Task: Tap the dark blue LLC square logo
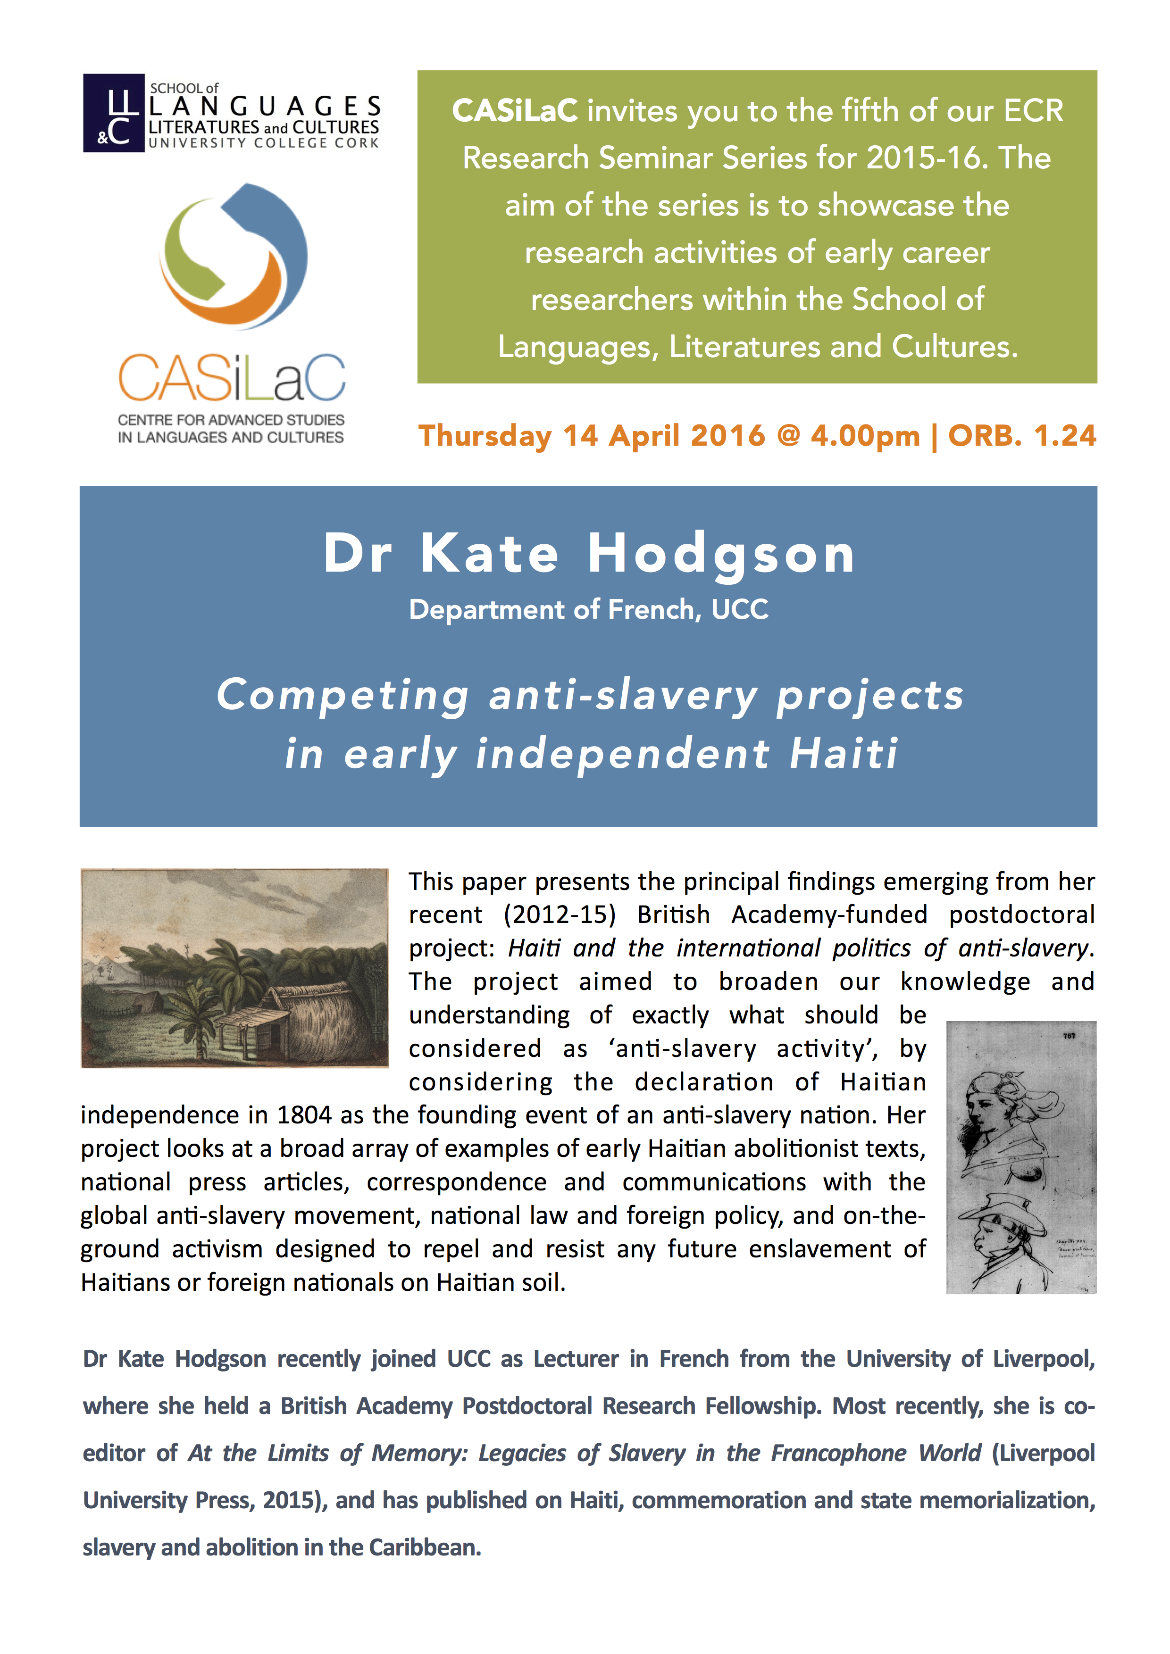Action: (x=114, y=113)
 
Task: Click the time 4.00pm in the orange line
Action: (x=865, y=436)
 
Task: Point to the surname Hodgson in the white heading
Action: (x=721, y=554)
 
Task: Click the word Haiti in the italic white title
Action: (x=844, y=754)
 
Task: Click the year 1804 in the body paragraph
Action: (x=304, y=1115)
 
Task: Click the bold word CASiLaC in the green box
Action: (x=514, y=111)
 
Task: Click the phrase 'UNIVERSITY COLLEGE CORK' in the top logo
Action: (x=264, y=143)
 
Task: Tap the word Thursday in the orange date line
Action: (x=485, y=436)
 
